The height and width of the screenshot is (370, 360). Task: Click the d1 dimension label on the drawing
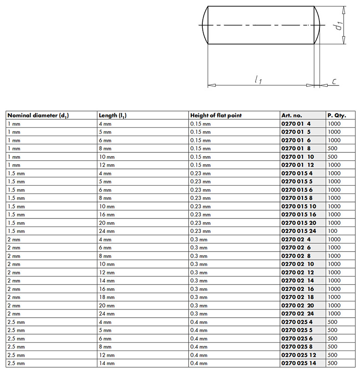pyautogui.click(x=338, y=25)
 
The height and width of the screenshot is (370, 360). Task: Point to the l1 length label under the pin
pyautogui.click(x=258, y=80)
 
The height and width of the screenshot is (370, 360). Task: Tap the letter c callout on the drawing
pyautogui.click(x=334, y=81)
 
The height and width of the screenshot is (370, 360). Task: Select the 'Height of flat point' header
pyautogui.click(x=216, y=116)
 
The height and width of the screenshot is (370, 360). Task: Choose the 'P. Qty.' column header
pyautogui.click(x=336, y=116)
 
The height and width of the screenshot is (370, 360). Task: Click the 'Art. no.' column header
pyautogui.click(x=292, y=116)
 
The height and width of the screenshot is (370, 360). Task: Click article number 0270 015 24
pyautogui.click(x=298, y=231)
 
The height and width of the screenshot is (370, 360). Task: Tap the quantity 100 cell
pyautogui.click(x=332, y=231)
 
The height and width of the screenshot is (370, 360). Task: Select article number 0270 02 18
pyautogui.click(x=298, y=297)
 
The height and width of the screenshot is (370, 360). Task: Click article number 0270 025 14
pyautogui.click(x=298, y=363)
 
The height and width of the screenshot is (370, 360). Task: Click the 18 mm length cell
pyautogui.click(x=106, y=297)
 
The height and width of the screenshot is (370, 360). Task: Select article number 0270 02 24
pyautogui.click(x=298, y=314)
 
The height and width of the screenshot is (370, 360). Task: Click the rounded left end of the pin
pyautogui.click(x=204, y=25)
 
